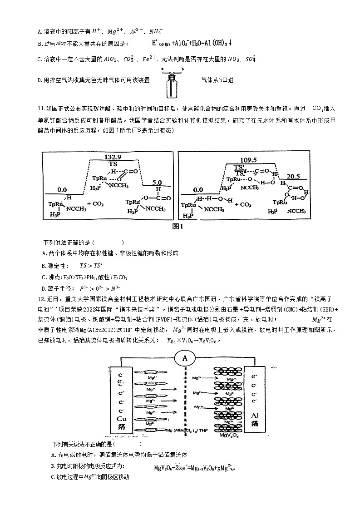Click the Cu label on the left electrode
point(122,418)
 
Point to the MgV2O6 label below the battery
point(230,436)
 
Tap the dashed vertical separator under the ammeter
point(185,400)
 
